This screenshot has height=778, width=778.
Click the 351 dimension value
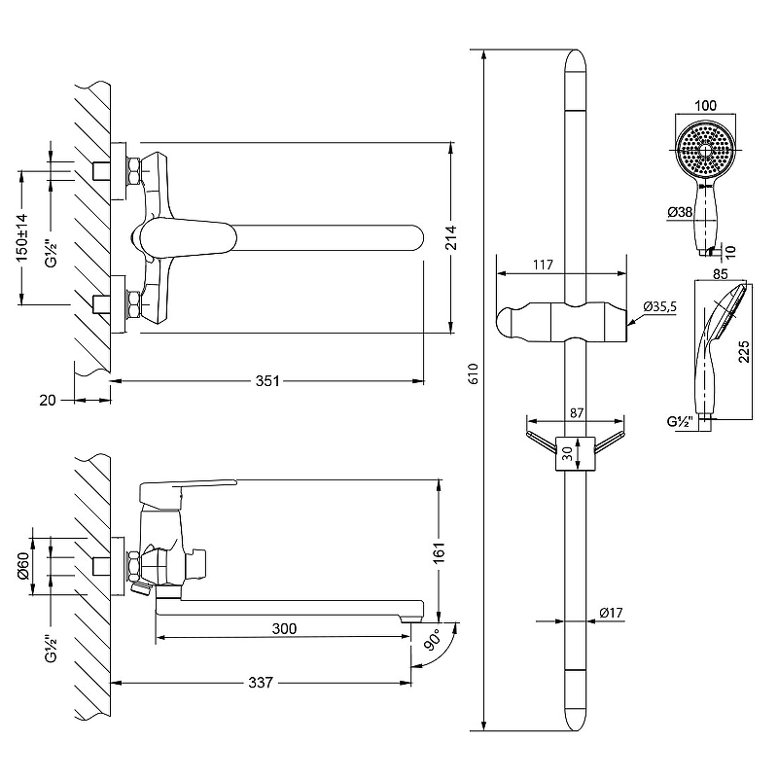click(x=267, y=381)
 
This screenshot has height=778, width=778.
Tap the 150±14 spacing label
click(x=22, y=238)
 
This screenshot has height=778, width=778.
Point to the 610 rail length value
click(x=474, y=373)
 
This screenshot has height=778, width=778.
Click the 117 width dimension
click(x=544, y=265)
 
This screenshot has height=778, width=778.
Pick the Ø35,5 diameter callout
click(x=660, y=306)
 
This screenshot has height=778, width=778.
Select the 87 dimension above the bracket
click(x=577, y=412)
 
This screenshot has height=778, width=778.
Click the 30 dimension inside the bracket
click(x=567, y=453)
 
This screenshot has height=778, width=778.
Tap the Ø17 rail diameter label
click(x=611, y=613)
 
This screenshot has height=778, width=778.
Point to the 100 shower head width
click(x=706, y=105)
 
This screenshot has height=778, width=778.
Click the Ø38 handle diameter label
click(x=680, y=212)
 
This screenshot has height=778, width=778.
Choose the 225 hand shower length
click(x=744, y=351)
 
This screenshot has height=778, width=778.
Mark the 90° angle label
click(x=433, y=640)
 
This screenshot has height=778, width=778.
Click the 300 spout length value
click(x=284, y=628)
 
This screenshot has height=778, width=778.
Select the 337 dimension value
click(x=261, y=683)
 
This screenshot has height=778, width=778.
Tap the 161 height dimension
click(x=440, y=551)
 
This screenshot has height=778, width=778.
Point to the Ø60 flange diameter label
click(x=23, y=566)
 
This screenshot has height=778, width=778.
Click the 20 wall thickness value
click(x=48, y=400)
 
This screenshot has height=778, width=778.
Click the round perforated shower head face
click(x=706, y=150)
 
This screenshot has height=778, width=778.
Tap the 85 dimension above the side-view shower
click(x=721, y=274)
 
